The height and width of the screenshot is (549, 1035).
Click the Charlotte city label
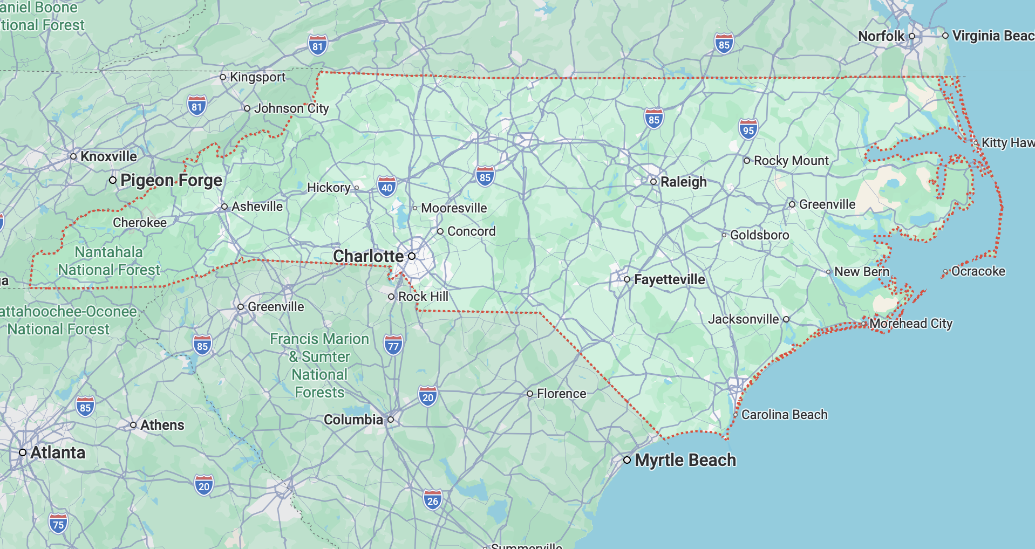368,256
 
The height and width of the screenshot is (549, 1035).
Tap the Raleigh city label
683,182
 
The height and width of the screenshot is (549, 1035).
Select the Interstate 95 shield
748,129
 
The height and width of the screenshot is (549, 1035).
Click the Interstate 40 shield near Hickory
386,187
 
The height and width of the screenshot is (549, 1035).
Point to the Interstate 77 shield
393,346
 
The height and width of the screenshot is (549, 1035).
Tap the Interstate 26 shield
433,500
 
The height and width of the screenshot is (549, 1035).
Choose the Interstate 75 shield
58,524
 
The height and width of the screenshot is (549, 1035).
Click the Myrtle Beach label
685,460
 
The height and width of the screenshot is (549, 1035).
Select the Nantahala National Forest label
109,261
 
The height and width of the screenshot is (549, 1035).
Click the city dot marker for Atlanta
23,452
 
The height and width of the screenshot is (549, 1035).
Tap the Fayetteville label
669,279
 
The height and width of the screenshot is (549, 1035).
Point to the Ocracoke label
978,271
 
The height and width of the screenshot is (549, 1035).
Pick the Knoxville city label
108,156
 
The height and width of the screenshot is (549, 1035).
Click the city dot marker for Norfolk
912,36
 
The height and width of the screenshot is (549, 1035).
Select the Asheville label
257,207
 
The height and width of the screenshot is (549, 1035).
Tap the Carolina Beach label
784,415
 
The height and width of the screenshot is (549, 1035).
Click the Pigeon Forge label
171,180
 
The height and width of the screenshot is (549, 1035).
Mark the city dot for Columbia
391,420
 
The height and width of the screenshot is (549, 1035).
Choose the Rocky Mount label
791,161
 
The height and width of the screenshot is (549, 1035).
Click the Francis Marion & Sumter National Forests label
319,365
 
